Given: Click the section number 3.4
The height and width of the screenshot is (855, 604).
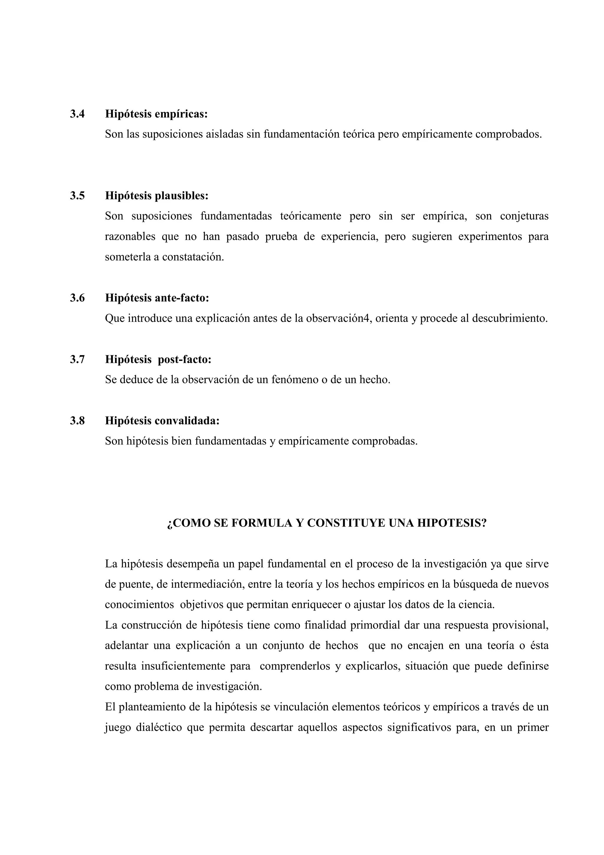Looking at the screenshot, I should click(77, 114).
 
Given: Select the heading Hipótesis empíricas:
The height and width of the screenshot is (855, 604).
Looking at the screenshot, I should click(156, 114).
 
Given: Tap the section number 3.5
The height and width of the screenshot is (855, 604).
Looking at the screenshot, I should click(77, 196).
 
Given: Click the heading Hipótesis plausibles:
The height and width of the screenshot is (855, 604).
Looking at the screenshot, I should click(157, 196).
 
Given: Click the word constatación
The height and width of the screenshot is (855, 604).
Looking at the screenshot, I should click(193, 257).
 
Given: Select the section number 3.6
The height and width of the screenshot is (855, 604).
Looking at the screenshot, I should click(77, 298).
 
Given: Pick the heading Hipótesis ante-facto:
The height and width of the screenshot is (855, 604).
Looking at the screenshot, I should click(157, 298).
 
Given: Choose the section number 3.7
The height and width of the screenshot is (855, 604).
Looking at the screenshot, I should click(77, 360).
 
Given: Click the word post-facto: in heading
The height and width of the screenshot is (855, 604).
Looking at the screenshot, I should click(185, 360).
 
